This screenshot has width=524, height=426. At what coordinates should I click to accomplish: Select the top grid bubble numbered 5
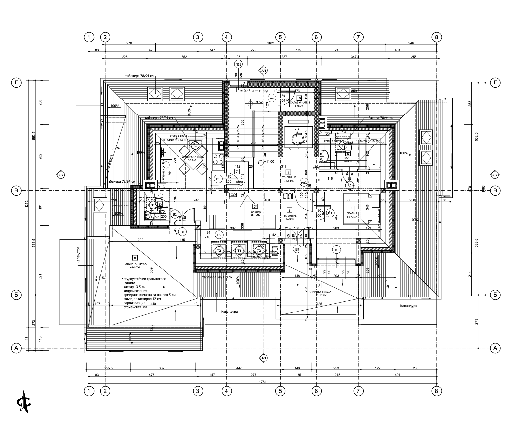point(280,37)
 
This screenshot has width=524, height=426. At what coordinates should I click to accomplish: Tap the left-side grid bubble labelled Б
point(16,295)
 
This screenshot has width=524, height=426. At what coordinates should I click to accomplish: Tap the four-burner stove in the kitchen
point(217,159)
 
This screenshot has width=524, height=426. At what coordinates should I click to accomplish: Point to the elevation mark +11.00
point(269,162)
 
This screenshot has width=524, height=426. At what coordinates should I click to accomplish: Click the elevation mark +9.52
point(257,102)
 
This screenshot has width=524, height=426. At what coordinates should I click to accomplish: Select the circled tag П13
point(336,250)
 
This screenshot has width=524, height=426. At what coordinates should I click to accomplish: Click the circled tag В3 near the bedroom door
point(330,213)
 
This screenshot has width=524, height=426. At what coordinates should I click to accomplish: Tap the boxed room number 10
point(299,98)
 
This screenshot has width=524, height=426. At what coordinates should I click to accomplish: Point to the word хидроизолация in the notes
point(135,291)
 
